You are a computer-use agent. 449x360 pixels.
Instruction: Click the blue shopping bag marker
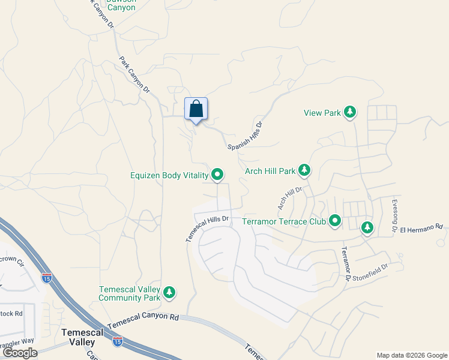pos(196,109)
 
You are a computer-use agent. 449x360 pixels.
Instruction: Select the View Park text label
pos(322,113)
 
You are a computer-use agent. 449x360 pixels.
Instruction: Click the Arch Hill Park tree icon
pos(304,171)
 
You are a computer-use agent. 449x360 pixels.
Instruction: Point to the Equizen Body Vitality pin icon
pos(217,175)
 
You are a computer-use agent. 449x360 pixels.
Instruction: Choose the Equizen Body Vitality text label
pos(169,176)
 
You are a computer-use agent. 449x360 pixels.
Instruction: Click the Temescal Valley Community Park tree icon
pos(170,292)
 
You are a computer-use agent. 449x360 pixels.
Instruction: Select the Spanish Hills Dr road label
pos(245,137)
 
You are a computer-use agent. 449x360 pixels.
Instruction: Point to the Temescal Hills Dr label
pos(208,228)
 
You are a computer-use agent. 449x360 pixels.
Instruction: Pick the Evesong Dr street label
pos(394,215)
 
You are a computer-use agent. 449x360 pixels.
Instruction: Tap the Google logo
pos(20,353)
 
